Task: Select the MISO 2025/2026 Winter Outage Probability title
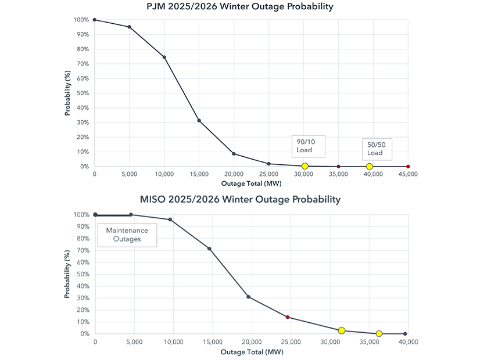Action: click(x=240, y=200)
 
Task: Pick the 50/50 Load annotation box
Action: click(x=375, y=149)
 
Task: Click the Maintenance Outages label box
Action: click(x=127, y=234)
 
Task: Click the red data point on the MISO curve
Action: click(x=288, y=317)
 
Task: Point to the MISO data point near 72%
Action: click(x=209, y=249)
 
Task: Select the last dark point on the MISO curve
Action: click(x=405, y=334)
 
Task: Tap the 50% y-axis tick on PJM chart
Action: click(x=81, y=93)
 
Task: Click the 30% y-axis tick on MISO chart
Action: click(x=82, y=298)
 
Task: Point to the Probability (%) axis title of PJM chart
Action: click(x=67, y=93)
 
